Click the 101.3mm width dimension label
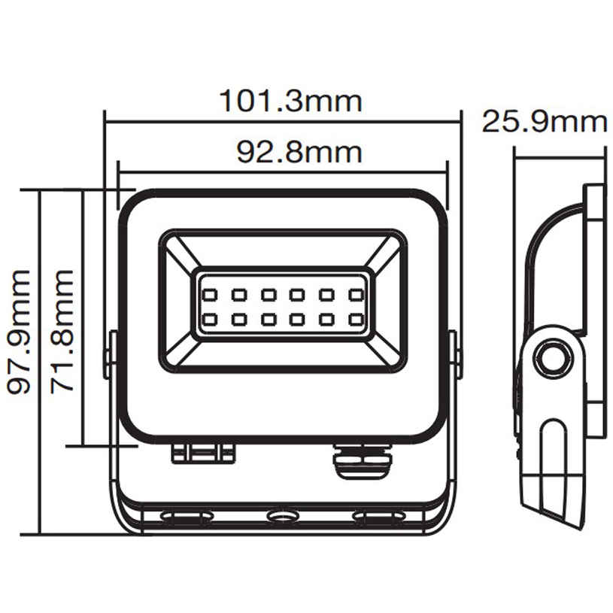tap(290, 101)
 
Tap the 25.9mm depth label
tap(544, 121)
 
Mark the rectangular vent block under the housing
tap(203, 453)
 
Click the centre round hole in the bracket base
tap(283, 517)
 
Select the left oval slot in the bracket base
tap(187, 517)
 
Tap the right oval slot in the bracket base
tap(379, 517)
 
